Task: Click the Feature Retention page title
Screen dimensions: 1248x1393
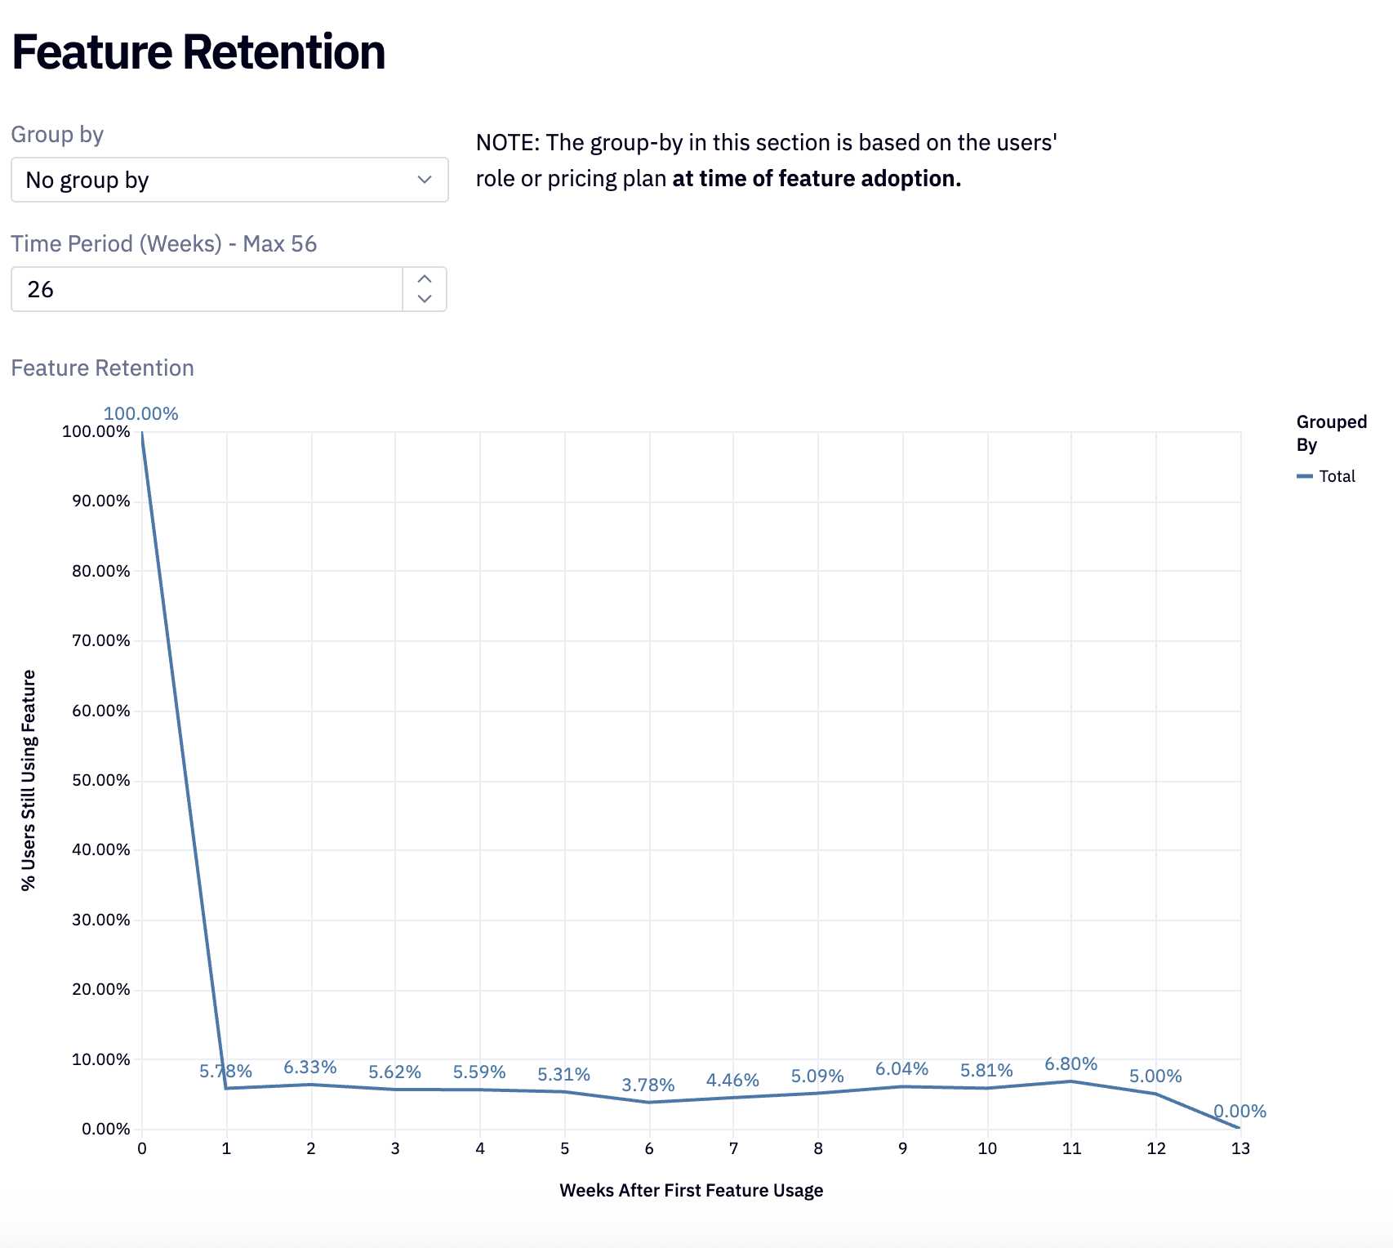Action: click(198, 52)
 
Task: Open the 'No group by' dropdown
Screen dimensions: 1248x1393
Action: click(229, 180)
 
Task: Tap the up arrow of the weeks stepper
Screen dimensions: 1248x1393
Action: click(425, 279)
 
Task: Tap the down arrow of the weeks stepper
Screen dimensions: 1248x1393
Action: click(425, 299)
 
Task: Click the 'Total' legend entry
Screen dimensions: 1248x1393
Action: click(1336, 476)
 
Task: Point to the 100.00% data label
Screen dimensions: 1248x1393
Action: click(140, 414)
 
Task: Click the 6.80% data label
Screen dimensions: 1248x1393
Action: click(1070, 1064)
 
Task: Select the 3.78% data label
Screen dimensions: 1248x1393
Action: click(648, 1085)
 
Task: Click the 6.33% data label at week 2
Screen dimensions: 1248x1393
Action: click(309, 1067)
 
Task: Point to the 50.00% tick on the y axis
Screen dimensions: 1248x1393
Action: click(100, 780)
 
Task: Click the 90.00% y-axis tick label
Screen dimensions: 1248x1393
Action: click(100, 501)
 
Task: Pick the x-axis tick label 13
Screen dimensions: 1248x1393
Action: click(1240, 1149)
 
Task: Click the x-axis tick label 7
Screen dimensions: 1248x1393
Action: click(733, 1149)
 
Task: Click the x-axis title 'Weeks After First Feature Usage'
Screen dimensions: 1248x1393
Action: click(691, 1191)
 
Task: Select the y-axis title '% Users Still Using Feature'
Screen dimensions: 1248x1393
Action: click(29, 780)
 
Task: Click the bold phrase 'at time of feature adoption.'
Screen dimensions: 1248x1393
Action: click(817, 179)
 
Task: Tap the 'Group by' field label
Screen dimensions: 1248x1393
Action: click(57, 135)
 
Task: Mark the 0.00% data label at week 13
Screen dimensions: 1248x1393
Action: click(1239, 1112)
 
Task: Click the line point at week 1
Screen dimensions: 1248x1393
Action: click(226, 1088)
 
